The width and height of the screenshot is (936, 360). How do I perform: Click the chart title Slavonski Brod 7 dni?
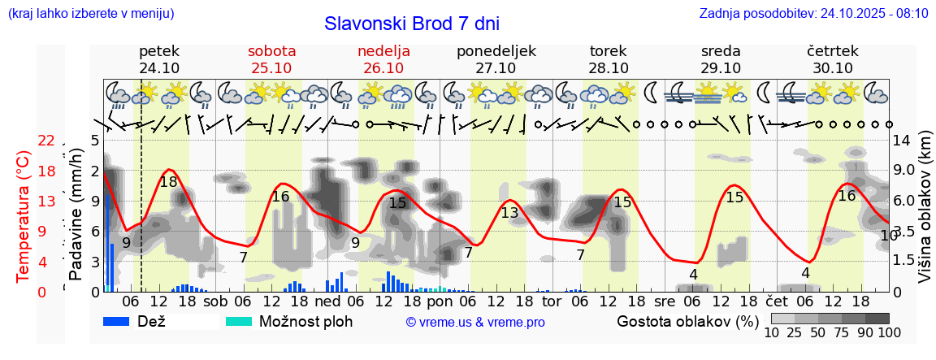(412, 23)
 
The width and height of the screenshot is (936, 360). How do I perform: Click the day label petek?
(159, 51)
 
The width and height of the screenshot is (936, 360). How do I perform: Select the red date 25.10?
(271, 68)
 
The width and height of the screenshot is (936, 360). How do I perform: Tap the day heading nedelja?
(383, 51)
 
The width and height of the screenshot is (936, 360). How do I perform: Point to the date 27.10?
(496, 68)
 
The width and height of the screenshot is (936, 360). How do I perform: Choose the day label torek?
(609, 51)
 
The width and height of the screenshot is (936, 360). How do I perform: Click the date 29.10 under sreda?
(721, 68)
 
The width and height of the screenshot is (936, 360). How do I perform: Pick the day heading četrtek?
(833, 51)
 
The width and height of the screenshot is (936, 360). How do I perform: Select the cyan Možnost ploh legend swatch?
(239, 321)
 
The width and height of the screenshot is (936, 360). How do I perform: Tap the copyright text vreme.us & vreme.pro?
(475, 322)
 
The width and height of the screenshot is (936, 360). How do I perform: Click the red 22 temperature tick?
(47, 141)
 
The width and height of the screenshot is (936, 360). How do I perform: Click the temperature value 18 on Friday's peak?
(168, 182)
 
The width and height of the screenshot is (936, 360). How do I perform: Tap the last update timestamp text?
(813, 14)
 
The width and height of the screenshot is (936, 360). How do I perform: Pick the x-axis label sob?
(215, 301)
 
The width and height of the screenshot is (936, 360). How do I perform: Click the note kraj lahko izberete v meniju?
(89, 14)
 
